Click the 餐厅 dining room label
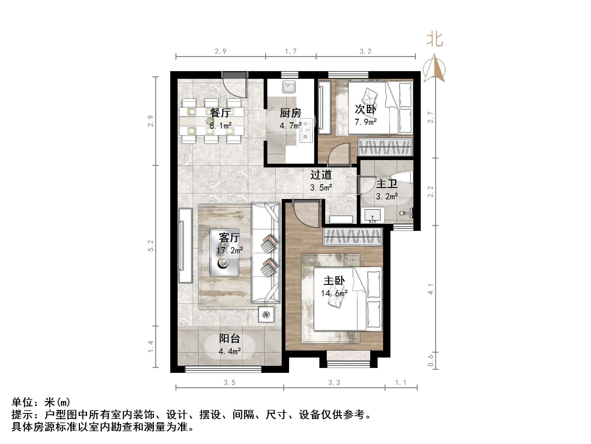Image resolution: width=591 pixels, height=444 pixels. point(220,113)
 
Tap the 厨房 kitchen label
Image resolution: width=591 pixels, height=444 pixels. point(290,113)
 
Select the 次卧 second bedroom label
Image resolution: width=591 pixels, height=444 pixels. point(365,109)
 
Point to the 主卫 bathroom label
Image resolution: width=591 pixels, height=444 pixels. point(387,184)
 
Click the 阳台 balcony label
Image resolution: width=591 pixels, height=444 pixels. point(229,339)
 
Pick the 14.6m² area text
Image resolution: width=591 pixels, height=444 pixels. point(334,293)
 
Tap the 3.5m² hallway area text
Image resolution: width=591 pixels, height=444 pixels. point(321,188)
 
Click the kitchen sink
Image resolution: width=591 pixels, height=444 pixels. point(288,87)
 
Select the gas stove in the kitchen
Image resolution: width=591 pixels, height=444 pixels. point(306,131)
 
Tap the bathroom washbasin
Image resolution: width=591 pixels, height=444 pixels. point(372,215)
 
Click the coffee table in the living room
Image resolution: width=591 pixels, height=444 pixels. point(224,253)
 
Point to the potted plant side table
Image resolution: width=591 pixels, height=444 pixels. point(266,314)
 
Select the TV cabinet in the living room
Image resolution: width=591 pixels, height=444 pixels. point(185,245)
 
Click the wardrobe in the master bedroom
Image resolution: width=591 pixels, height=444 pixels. point(353,237)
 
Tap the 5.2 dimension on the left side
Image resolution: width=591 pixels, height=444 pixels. point(151,246)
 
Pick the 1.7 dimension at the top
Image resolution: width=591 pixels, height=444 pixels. point(291,52)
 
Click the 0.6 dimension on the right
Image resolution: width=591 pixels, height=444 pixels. point(431,360)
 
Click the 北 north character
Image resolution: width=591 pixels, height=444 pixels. point(435,39)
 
